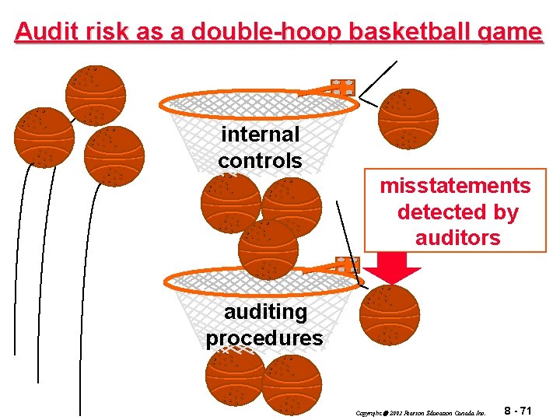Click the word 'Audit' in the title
(42, 32)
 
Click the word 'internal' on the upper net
(260, 134)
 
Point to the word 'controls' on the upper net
(260, 160)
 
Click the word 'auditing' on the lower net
(265, 311)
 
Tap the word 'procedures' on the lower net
(264, 338)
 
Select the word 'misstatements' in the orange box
(455, 186)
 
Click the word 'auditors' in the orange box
(457, 237)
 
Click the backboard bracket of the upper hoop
(342, 87)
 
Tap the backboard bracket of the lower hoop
(346, 265)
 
